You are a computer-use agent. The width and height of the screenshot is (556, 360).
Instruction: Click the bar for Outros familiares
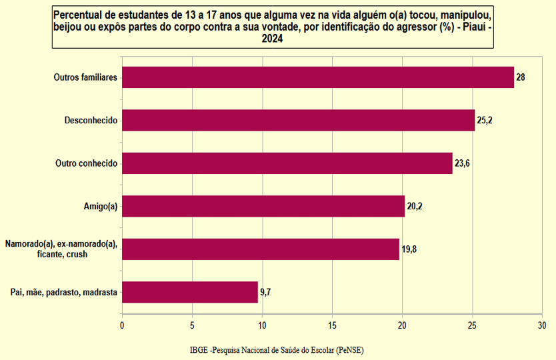click(318, 77)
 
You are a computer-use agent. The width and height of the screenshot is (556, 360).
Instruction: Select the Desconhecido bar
click(299, 120)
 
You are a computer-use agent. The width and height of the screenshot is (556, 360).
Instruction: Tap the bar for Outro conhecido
click(287, 163)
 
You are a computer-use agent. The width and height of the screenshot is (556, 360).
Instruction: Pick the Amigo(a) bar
click(263, 206)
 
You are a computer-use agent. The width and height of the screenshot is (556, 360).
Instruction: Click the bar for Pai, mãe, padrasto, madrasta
click(190, 292)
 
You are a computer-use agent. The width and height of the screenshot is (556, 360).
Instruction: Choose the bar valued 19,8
click(261, 249)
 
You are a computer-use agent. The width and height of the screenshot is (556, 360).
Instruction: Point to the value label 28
click(521, 77)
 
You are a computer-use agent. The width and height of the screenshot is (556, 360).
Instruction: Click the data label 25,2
click(485, 121)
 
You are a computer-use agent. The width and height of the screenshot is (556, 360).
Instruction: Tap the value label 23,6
click(462, 163)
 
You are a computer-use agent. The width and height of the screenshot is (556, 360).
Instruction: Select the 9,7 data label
click(265, 292)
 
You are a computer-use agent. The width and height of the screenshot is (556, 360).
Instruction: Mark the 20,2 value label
click(415, 207)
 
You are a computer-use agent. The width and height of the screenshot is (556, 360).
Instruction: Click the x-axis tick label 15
click(332, 325)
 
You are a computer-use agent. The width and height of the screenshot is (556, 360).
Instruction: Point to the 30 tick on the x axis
click(542, 325)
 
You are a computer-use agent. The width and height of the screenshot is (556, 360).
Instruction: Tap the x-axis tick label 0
click(122, 325)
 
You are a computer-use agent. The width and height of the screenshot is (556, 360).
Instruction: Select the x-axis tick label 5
click(192, 325)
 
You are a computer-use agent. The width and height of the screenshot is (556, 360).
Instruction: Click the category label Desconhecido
click(91, 120)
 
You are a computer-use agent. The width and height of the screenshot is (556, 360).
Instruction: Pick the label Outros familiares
click(85, 77)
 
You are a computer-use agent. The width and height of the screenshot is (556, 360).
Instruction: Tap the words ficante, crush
click(62, 254)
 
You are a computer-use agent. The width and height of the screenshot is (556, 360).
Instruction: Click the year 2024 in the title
click(272, 38)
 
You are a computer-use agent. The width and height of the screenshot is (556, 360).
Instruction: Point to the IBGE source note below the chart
click(277, 350)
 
